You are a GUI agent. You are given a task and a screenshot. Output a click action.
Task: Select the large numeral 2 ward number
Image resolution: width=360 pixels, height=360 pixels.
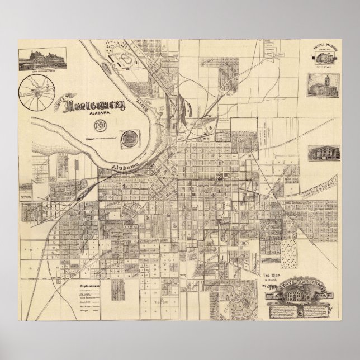[175, 225]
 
